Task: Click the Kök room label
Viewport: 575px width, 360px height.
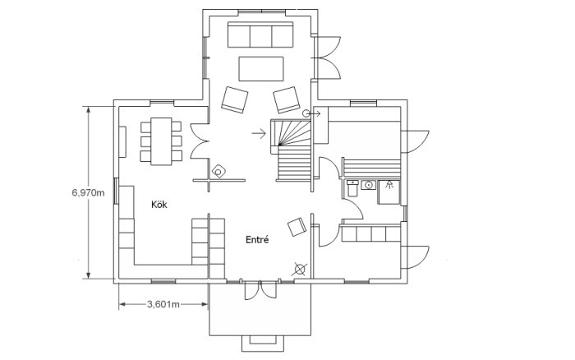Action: click(x=159, y=205)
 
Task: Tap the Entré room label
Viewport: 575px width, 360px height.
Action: click(x=257, y=240)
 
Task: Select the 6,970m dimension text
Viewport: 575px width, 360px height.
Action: click(x=89, y=192)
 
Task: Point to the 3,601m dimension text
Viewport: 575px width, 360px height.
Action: click(x=163, y=304)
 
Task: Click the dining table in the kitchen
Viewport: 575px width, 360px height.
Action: click(x=161, y=141)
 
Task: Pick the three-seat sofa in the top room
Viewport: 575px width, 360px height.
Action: click(x=260, y=35)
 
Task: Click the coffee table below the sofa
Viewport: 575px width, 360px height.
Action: click(x=261, y=68)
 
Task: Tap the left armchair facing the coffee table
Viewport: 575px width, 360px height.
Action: click(x=235, y=99)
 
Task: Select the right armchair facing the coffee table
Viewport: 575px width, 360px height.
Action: click(x=287, y=99)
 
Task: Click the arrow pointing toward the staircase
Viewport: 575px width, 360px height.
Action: click(x=259, y=133)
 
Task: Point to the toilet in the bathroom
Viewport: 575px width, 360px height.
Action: click(x=352, y=188)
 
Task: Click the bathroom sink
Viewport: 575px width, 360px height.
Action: click(x=369, y=185)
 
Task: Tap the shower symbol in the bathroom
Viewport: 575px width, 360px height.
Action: click(x=389, y=184)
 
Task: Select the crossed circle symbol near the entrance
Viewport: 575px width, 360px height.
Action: click(x=300, y=270)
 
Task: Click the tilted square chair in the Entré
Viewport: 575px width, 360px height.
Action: click(x=297, y=227)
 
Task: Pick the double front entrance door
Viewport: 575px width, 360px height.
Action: click(x=260, y=290)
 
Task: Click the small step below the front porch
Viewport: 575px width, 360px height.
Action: click(x=263, y=344)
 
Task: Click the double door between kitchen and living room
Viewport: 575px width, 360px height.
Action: click(x=200, y=141)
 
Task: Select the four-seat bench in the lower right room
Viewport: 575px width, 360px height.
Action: click(x=370, y=233)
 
